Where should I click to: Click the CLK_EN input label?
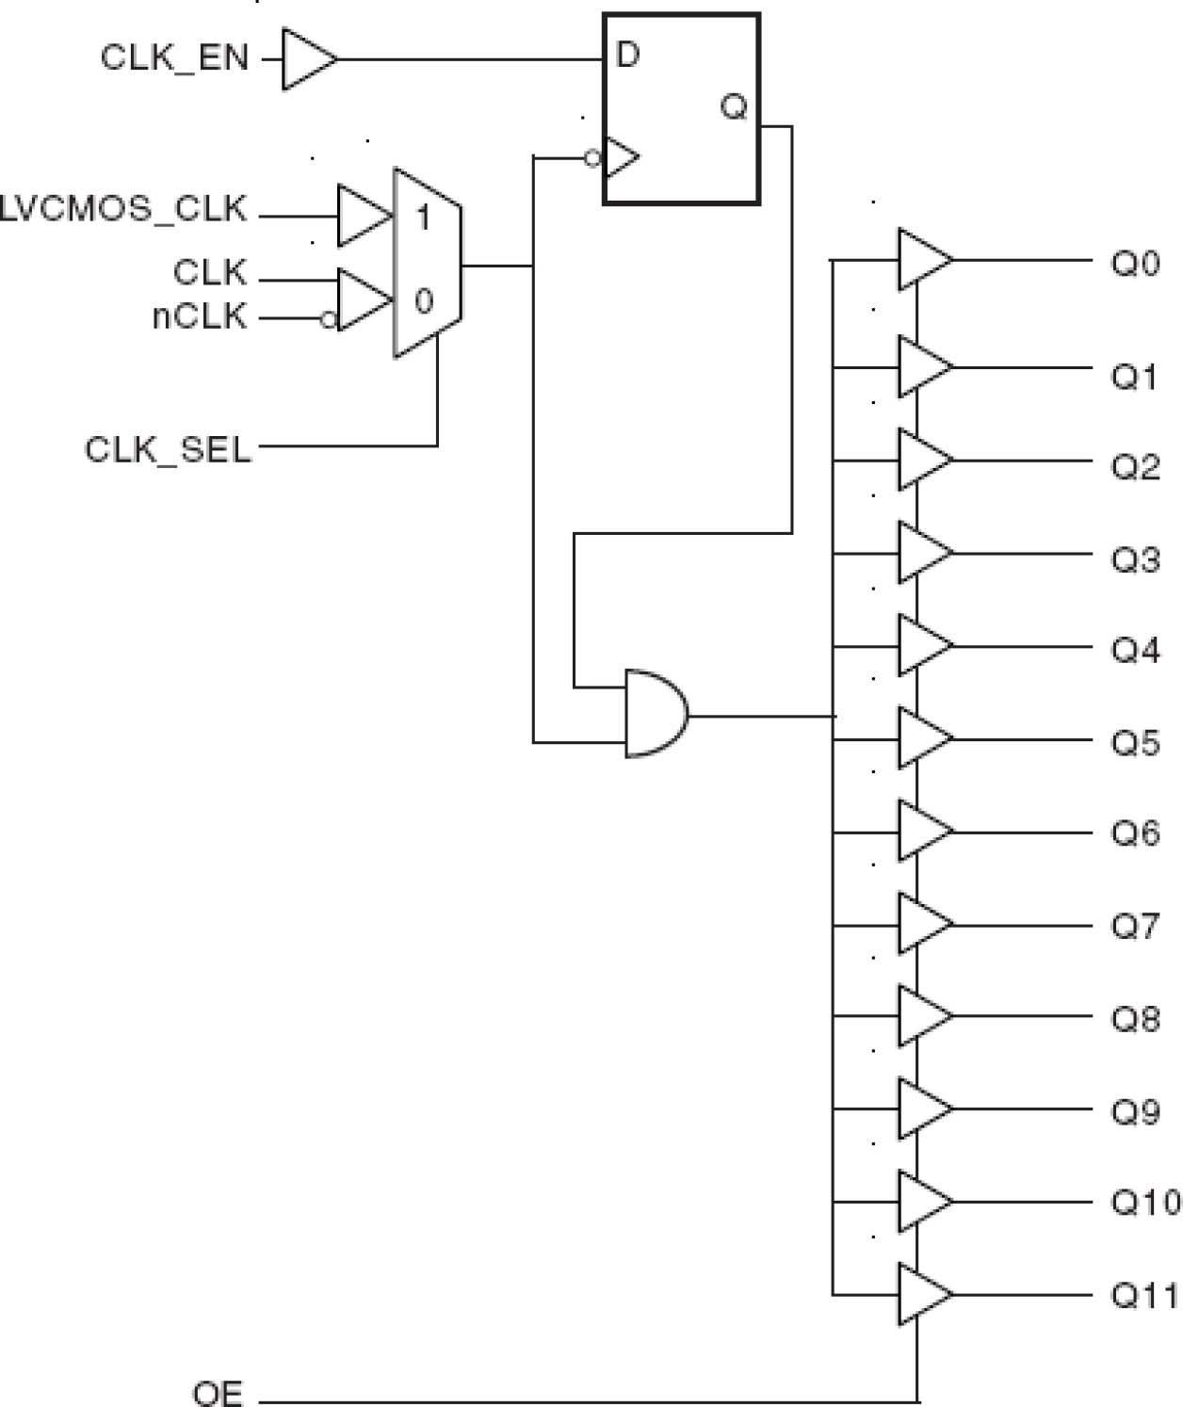pyautogui.click(x=174, y=58)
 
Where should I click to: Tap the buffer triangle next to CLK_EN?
pyautogui.click(x=306, y=59)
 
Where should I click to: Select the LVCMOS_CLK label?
pyautogui.click(x=123, y=209)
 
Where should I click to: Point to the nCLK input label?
pyautogui.click(x=200, y=317)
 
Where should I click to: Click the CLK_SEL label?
pyautogui.click(x=169, y=449)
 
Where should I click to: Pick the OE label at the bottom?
pyautogui.click(x=218, y=1393)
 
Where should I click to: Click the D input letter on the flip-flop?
pyautogui.click(x=627, y=56)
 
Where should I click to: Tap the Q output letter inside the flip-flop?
pyautogui.click(x=733, y=106)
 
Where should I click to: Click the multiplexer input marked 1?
pyautogui.click(x=424, y=218)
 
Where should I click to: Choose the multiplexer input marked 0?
pyautogui.click(x=424, y=301)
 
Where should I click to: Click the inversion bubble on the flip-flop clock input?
pyautogui.click(x=592, y=158)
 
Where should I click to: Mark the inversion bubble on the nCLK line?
pyautogui.click(x=328, y=320)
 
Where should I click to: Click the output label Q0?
pyautogui.click(x=1135, y=263)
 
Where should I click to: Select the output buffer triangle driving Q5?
pyautogui.click(x=922, y=738)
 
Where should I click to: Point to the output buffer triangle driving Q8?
pyautogui.click(x=922, y=1016)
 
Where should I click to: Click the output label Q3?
pyautogui.click(x=1135, y=559)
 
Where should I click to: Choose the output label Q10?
pyautogui.click(x=1143, y=1203)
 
